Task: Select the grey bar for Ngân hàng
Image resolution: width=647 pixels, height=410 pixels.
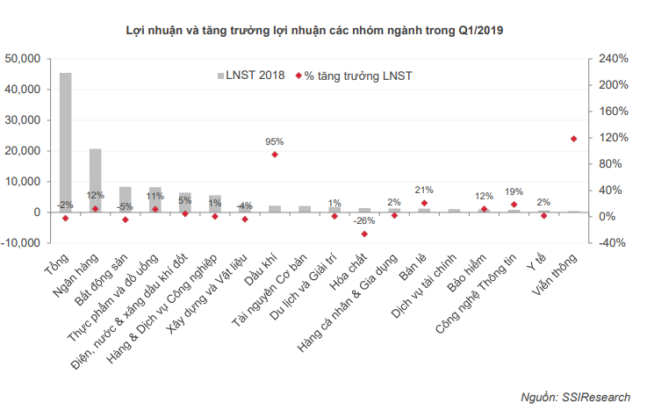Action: [x=95, y=180]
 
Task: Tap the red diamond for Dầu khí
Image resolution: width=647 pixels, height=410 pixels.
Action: [x=275, y=155]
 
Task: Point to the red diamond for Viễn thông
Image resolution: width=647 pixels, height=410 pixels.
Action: [x=574, y=139]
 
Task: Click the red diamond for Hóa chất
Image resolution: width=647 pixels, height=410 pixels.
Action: [x=364, y=234]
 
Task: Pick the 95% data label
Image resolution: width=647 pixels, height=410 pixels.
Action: [x=275, y=141]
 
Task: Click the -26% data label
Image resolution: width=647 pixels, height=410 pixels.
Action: [x=363, y=221]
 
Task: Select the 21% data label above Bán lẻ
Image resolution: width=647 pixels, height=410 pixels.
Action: [x=424, y=190]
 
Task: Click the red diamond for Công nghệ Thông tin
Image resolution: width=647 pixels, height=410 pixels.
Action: [x=514, y=205]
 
